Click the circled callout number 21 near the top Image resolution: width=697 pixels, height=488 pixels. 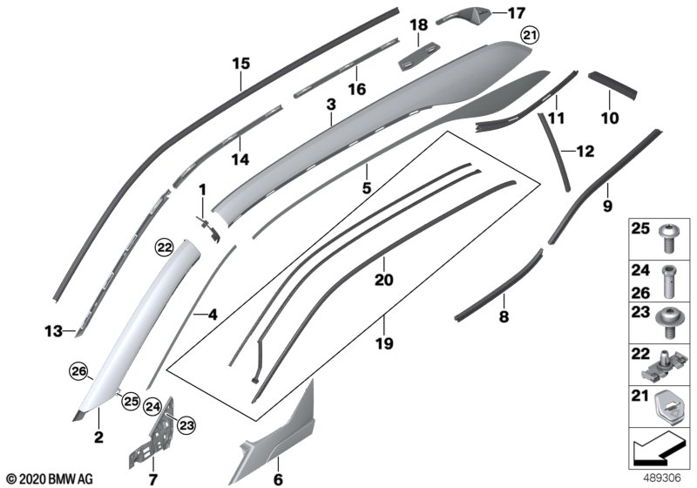[x=530, y=36]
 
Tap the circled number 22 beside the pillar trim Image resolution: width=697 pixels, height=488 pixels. [x=165, y=247]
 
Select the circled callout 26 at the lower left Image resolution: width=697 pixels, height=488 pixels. [x=79, y=374]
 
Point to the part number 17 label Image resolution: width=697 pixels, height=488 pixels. [x=518, y=13]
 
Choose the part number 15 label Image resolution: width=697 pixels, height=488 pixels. [x=240, y=63]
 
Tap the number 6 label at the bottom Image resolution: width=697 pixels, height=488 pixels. [x=278, y=478]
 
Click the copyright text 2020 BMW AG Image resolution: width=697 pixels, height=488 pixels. [x=49, y=478]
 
